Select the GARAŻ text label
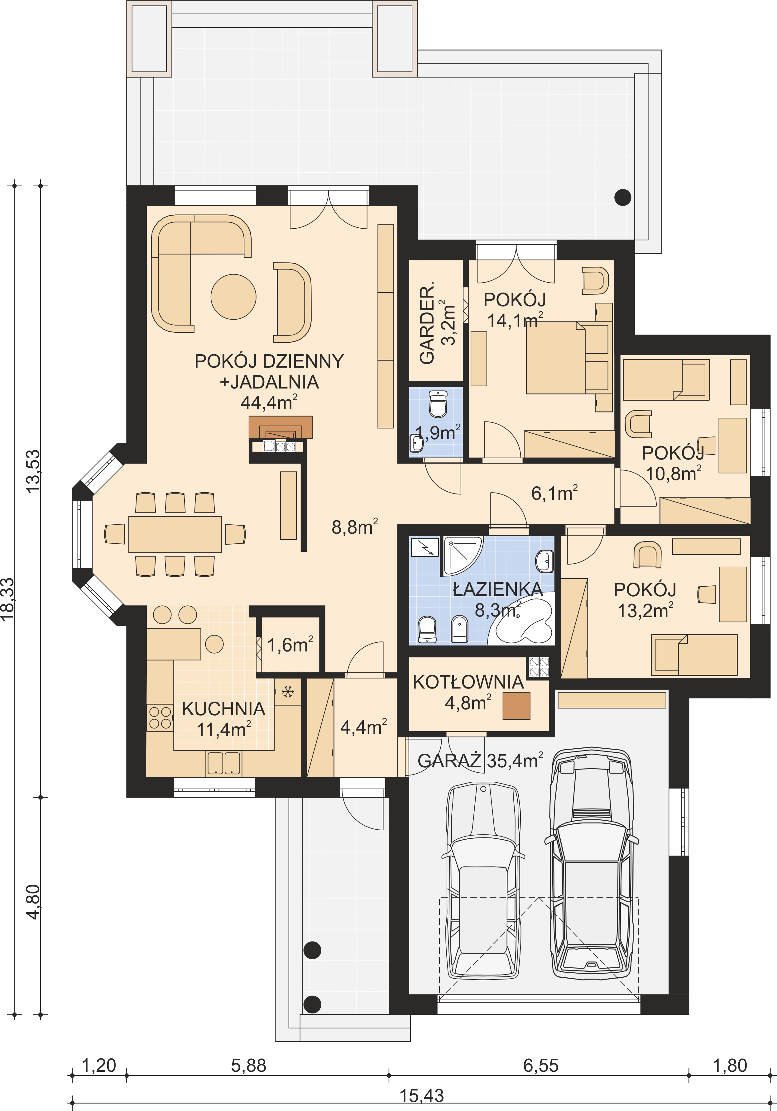pos(449,760)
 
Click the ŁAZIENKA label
pos(498,589)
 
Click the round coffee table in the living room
pos(233,297)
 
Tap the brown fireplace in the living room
pos(281,427)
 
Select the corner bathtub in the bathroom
pos(521,622)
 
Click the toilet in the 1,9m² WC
pos(438,404)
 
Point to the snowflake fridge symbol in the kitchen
pos(288,691)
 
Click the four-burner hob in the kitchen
pos(160,718)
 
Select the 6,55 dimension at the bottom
pos(541,1066)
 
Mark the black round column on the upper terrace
pos(623,198)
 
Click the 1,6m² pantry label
pos(290,645)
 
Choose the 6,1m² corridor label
pos(554,493)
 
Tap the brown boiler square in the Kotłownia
pos(516,705)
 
